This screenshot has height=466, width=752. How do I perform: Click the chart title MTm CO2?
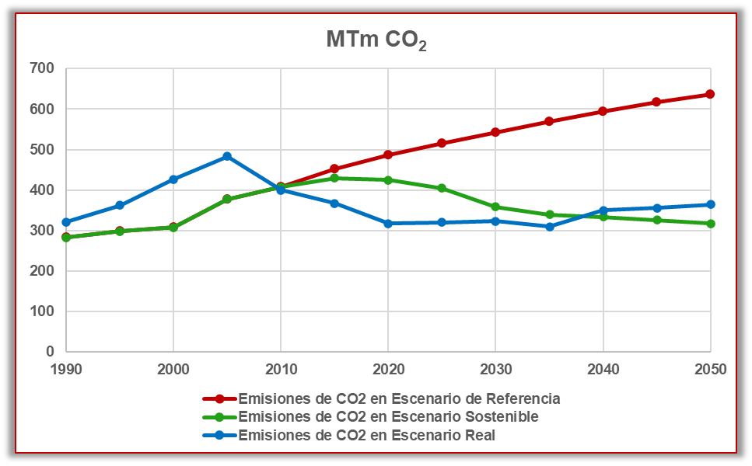click(376, 41)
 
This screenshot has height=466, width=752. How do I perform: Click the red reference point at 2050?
click(710, 94)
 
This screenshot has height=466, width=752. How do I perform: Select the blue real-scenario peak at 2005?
click(227, 156)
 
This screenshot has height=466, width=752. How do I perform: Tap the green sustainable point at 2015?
click(334, 178)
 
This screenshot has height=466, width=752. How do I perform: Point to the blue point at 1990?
click(66, 222)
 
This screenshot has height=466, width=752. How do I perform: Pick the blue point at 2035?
click(549, 227)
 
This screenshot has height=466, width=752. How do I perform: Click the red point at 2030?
click(495, 132)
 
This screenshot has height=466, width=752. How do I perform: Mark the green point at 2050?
click(710, 224)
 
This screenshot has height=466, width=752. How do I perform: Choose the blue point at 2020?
click(388, 224)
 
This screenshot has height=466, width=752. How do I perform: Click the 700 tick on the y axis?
click(44, 69)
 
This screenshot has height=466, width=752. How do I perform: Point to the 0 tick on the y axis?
click(50, 352)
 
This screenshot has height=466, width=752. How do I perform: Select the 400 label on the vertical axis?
click(44, 190)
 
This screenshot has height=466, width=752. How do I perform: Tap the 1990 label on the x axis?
click(66, 370)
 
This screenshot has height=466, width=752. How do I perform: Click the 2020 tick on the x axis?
click(388, 370)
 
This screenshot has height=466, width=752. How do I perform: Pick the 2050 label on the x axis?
click(710, 370)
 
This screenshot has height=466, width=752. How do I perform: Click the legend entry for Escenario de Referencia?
click(399, 399)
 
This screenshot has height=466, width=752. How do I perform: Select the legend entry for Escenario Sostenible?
click(388, 417)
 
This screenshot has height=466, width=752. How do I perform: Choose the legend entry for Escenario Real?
click(366, 436)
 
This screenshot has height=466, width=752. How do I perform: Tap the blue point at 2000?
click(173, 179)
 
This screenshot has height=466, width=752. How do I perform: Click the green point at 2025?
click(442, 188)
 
